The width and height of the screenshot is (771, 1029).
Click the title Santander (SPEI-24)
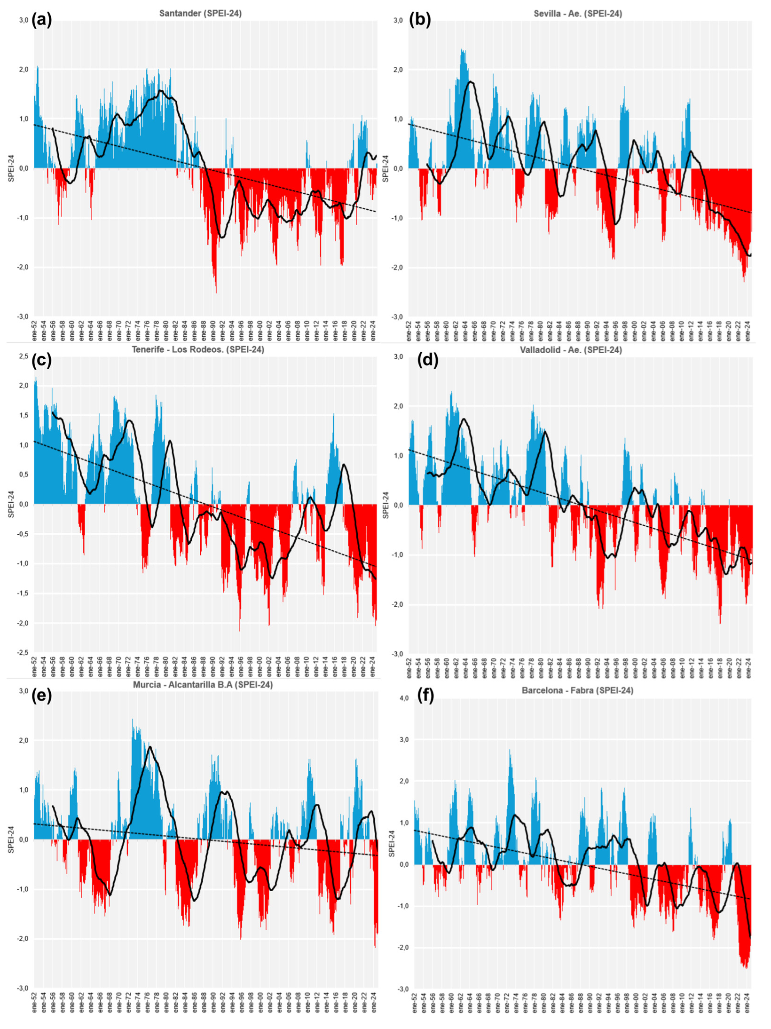coord(200,14)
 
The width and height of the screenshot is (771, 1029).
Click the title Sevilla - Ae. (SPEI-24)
coord(577,14)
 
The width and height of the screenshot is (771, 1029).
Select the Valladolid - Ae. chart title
coord(571,350)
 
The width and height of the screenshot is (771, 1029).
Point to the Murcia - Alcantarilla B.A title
coord(202,685)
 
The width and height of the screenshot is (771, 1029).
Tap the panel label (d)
coord(428,360)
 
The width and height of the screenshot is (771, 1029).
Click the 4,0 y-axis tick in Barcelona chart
coord(403,698)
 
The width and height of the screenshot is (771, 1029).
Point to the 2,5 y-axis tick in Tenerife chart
coord(23,356)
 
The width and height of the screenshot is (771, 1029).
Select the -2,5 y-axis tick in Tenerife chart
coord(22,652)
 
